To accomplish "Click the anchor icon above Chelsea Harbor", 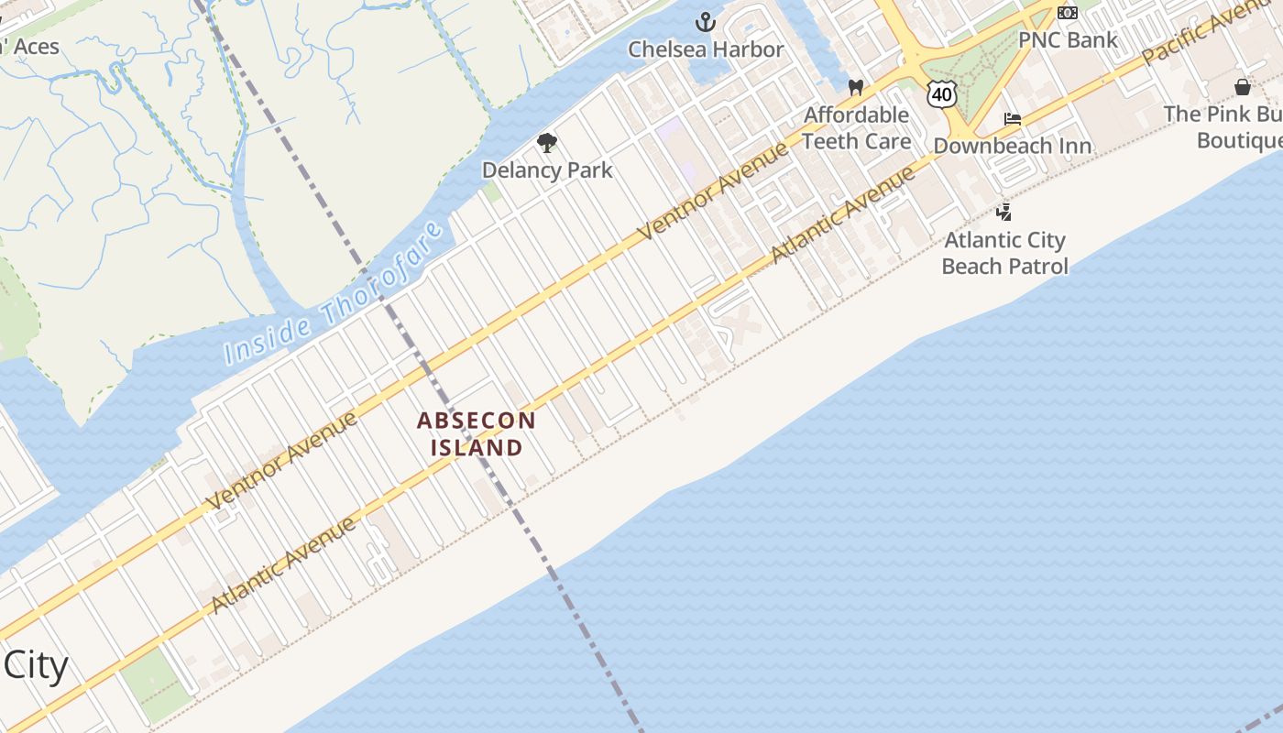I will (x=705, y=22).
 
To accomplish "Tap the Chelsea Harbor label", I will (x=706, y=49).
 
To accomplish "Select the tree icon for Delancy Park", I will (x=547, y=143).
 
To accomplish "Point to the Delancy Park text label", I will (x=547, y=170).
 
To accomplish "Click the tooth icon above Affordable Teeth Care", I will (x=856, y=88).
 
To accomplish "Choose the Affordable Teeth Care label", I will (x=857, y=128).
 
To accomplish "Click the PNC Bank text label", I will (x=1068, y=40).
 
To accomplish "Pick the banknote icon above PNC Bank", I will (x=1067, y=13).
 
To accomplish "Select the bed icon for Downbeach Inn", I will (x=1012, y=119).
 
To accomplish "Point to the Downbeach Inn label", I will (x=1012, y=147).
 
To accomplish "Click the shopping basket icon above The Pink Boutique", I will (x=1243, y=87).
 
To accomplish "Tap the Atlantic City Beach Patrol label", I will (x=1004, y=253).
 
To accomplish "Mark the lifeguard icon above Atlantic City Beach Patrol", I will (x=1004, y=213).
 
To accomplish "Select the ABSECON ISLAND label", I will (x=477, y=433).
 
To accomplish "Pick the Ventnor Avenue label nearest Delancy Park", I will (x=713, y=190).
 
